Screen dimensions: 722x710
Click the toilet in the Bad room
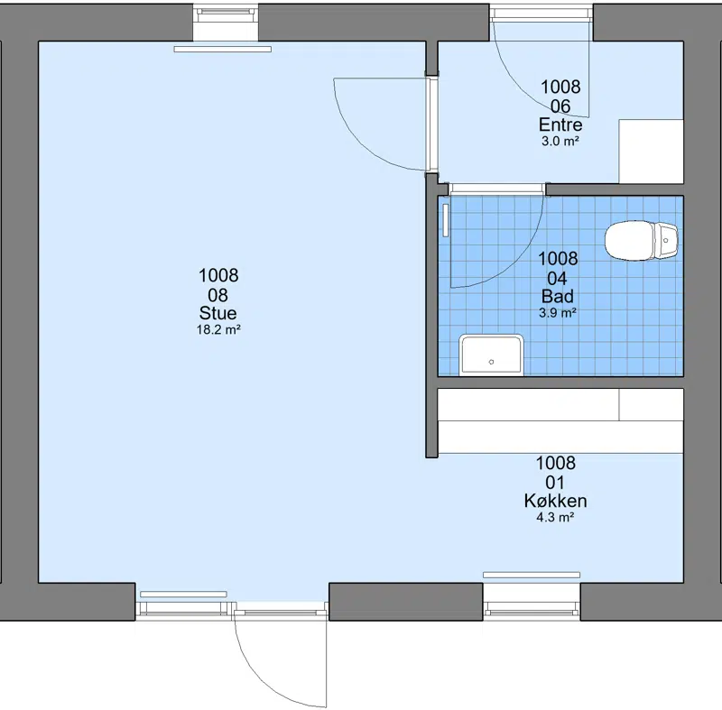tap(642, 241)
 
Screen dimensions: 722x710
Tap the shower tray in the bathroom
tap(491, 355)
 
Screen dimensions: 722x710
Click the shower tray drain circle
tap(491, 362)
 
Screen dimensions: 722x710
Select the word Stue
tap(218, 313)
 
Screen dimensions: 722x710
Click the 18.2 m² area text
tap(218, 330)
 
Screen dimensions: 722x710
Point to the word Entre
tap(560, 124)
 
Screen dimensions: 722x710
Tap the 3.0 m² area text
tap(560, 142)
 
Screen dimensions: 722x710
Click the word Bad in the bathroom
tap(558, 296)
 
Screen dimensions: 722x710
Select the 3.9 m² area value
tap(558, 313)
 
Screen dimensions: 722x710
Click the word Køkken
tap(555, 501)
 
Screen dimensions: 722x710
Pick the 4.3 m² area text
tap(555, 517)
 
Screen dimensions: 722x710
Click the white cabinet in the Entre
tap(651, 152)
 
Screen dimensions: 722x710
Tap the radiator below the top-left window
tap(222, 49)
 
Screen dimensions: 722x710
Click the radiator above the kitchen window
tap(532, 575)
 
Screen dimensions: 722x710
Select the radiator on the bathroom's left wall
tap(446, 220)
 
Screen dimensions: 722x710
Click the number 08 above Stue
tap(218, 295)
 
